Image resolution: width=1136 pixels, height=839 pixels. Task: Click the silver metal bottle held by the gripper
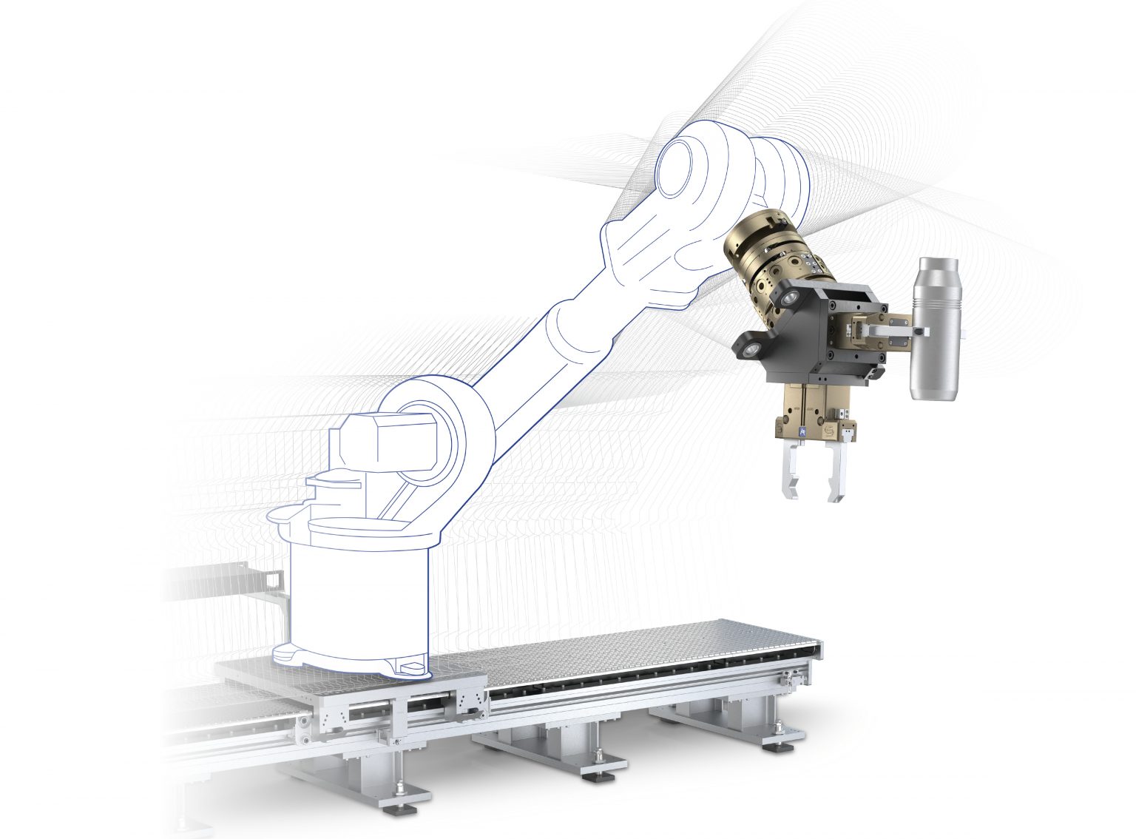pyautogui.click(x=936, y=348)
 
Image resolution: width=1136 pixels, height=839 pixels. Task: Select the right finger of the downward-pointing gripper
pyautogui.click(x=836, y=474)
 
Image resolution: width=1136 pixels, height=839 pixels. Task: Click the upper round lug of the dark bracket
pyautogui.click(x=788, y=297)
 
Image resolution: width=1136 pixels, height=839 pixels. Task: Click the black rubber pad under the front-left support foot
pyautogui.click(x=399, y=810)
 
